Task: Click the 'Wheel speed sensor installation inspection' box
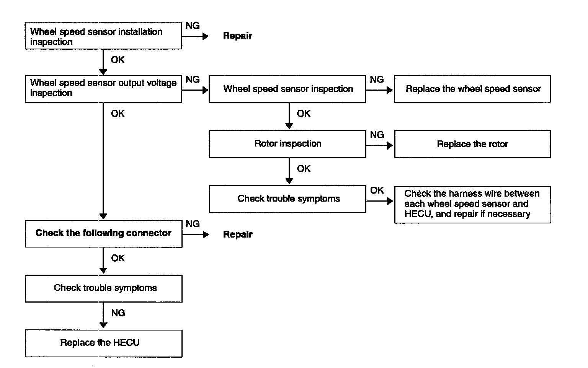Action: click(x=103, y=36)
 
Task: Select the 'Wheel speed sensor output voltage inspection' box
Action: click(x=103, y=89)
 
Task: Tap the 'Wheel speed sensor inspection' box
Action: click(x=287, y=89)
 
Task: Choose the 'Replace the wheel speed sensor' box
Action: click(x=472, y=89)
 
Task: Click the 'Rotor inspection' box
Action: click(x=287, y=144)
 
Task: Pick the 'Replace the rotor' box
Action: click(x=472, y=144)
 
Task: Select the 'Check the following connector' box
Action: click(x=103, y=234)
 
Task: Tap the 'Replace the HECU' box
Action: click(x=103, y=344)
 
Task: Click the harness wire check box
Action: click(x=472, y=205)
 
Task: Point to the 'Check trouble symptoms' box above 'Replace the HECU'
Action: click(x=103, y=288)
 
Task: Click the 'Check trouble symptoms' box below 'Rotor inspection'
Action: click(x=287, y=199)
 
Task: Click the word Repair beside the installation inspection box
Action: click(x=238, y=36)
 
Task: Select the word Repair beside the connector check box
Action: click(x=238, y=234)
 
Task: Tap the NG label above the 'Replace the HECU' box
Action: click(x=118, y=313)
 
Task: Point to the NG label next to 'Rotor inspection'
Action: click(x=377, y=135)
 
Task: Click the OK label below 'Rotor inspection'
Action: click(x=304, y=169)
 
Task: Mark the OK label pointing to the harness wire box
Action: click(x=377, y=190)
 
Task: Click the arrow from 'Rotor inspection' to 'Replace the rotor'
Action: click(x=380, y=146)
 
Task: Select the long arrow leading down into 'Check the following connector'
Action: click(x=103, y=161)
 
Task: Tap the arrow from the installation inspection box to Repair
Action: click(x=195, y=36)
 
